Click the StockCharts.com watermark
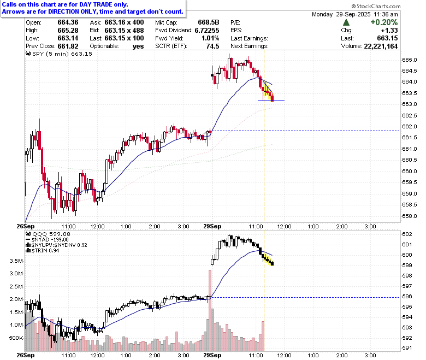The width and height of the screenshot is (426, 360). click(x=376, y=6)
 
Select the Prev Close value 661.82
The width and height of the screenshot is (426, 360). click(x=68, y=46)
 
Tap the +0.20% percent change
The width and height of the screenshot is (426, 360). click(x=384, y=22)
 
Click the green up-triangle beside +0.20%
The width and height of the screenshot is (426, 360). click(x=346, y=22)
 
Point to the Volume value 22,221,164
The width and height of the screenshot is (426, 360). click(x=381, y=46)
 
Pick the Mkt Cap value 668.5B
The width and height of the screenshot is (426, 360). click(x=209, y=22)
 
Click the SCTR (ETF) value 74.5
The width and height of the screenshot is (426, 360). click(x=212, y=46)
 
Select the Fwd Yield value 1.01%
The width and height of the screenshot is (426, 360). click(x=210, y=38)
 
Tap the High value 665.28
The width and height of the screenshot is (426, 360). click(x=68, y=31)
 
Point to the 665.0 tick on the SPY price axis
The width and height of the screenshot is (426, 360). click(x=410, y=60)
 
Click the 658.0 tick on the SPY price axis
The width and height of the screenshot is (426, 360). click(x=410, y=216)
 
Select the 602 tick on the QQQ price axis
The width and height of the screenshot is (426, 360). click(x=407, y=234)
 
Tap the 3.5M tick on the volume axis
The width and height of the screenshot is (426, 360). click(x=16, y=261)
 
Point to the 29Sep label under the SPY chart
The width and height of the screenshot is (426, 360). click(x=212, y=226)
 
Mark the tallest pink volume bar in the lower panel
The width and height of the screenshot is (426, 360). click(x=210, y=310)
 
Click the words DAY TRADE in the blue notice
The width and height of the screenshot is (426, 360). click(x=96, y=4)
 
